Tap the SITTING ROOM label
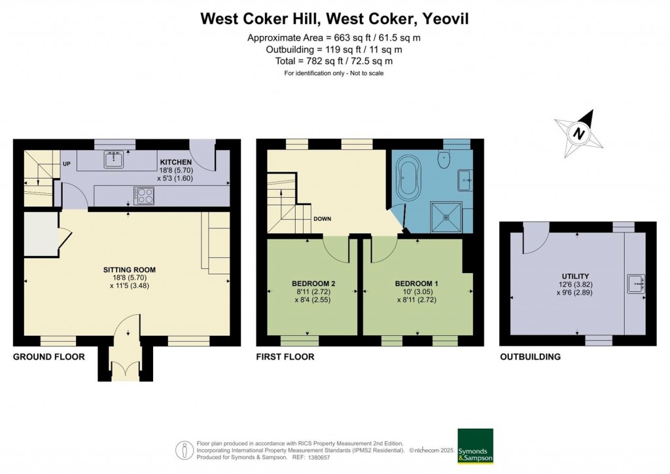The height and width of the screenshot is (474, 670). (130, 269)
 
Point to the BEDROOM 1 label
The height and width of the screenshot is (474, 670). (417, 283)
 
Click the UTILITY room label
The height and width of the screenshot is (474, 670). (575, 276)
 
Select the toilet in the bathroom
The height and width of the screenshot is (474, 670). (446, 155)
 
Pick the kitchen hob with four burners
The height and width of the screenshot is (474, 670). (143, 194)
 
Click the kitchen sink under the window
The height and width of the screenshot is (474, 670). (115, 158)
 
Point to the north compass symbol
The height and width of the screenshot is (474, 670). (579, 133)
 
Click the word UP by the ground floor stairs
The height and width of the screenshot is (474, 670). (67, 164)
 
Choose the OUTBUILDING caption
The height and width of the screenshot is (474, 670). (530, 357)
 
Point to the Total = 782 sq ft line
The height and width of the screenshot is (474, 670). (334, 61)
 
